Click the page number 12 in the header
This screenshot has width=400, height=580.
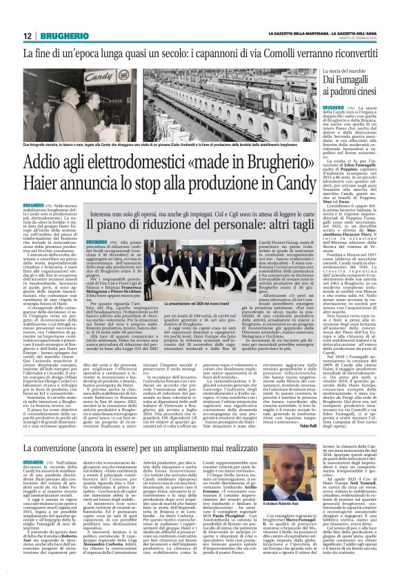click(28, 35)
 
